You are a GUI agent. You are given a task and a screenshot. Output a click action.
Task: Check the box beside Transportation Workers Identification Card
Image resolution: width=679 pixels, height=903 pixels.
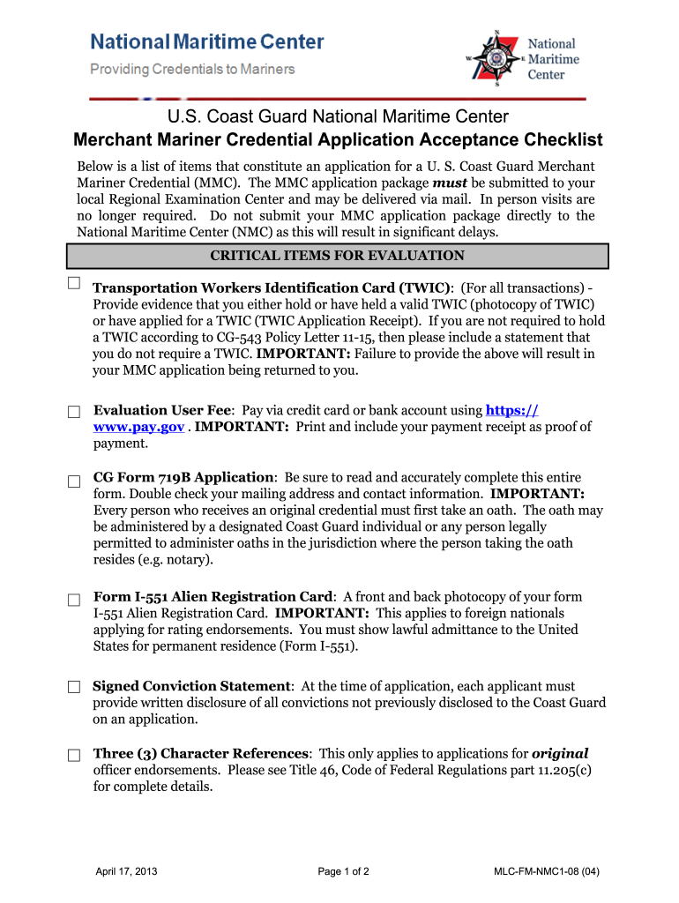pyautogui.click(x=74, y=283)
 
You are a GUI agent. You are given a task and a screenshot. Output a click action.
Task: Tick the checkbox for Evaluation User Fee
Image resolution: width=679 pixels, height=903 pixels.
pyautogui.click(x=75, y=412)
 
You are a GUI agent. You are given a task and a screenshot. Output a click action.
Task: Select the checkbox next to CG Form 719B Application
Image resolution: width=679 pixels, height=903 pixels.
pyautogui.click(x=75, y=480)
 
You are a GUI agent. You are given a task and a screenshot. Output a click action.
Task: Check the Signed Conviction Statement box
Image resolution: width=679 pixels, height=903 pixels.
pyautogui.click(x=75, y=687)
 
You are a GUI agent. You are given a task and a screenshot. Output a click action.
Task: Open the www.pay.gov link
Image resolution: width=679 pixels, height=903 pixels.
pyautogui.click(x=138, y=427)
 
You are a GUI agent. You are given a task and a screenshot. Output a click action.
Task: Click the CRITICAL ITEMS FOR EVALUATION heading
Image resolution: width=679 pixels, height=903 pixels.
pyautogui.click(x=337, y=256)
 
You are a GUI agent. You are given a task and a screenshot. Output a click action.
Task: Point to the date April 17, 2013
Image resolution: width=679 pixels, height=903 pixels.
pyautogui.click(x=126, y=872)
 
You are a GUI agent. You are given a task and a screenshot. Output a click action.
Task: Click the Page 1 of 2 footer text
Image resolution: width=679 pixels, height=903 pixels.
pyautogui.click(x=343, y=872)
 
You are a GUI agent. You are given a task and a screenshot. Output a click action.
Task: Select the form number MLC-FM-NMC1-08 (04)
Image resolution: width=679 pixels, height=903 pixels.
pyautogui.click(x=548, y=872)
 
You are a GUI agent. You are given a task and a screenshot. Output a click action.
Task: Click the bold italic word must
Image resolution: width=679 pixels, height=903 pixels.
pyautogui.click(x=450, y=183)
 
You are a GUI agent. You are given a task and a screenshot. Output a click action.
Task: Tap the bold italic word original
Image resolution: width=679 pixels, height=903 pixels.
pyautogui.click(x=560, y=753)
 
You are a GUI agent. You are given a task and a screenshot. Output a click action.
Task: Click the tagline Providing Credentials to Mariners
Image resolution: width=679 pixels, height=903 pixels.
pyautogui.click(x=192, y=69)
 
